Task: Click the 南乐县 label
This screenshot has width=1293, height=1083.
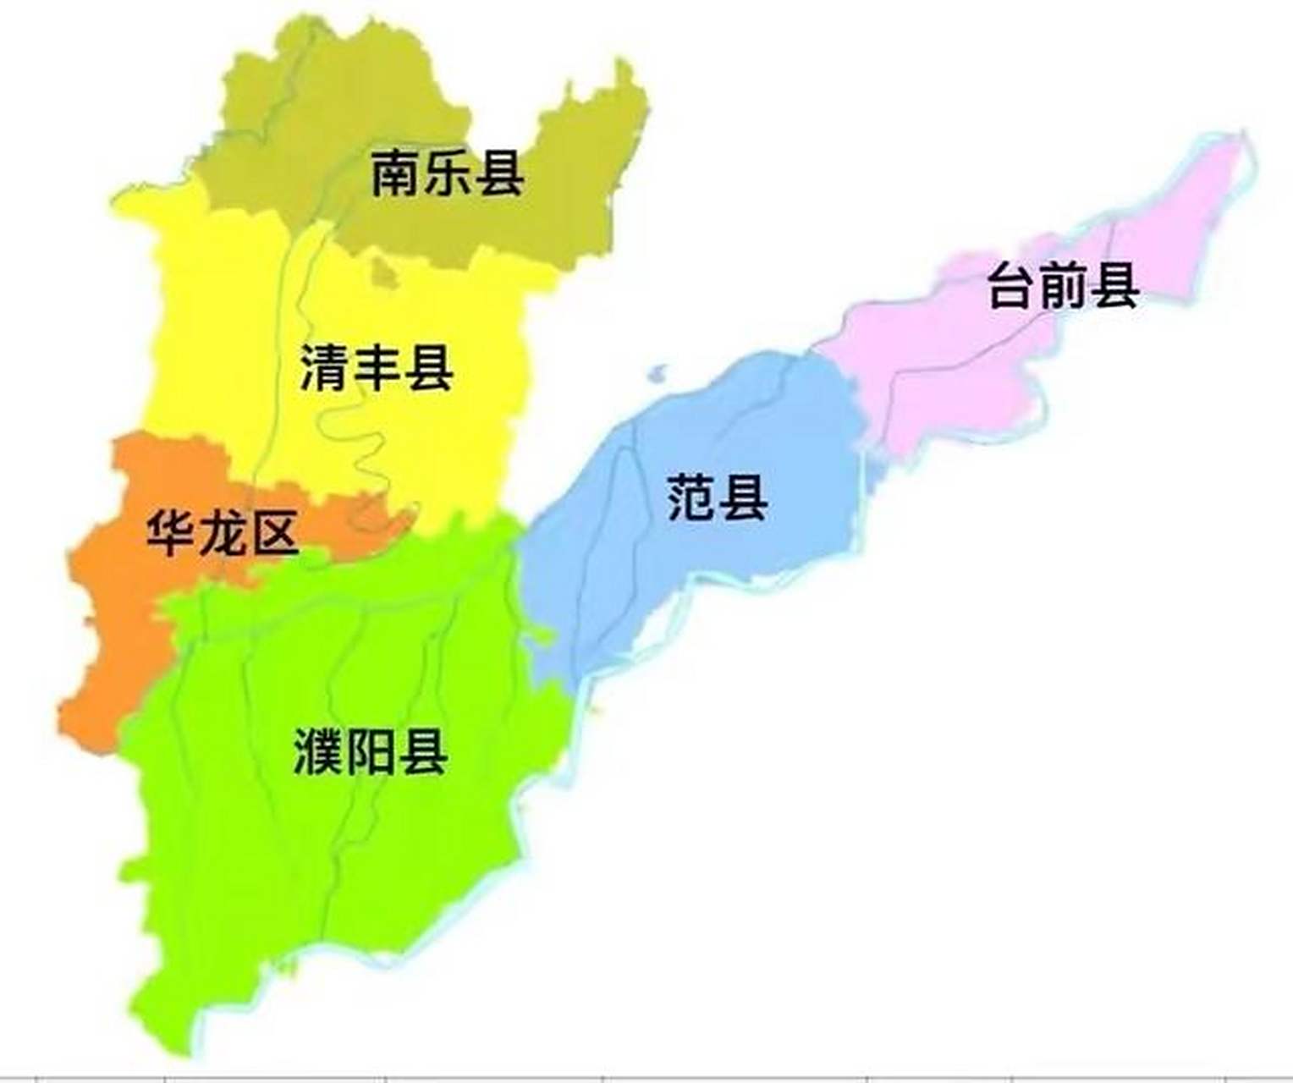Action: pos(448,173)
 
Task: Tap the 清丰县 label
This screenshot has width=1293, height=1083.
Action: pos(377,368)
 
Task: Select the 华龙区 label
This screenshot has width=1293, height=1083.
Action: pos(223,532)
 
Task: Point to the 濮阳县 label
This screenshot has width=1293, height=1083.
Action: pos(371,751)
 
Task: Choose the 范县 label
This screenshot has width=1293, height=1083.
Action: pos(718,498)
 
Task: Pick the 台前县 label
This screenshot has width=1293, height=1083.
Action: pos(1063,285)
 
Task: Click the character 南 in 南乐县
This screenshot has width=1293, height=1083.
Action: pos(396,173)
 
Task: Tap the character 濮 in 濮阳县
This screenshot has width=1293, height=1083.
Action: pos(319,751)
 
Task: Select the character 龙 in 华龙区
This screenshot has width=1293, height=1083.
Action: pos(223,532)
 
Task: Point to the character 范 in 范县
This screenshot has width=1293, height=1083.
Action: pos(692,498)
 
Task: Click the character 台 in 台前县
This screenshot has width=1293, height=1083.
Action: pos(1012,285)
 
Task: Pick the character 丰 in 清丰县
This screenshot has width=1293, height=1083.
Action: pos(377,368)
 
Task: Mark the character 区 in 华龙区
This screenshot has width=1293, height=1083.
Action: pos(274,532)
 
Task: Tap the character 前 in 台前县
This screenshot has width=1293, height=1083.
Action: pos(1063,285)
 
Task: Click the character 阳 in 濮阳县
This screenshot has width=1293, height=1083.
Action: pos(371,751)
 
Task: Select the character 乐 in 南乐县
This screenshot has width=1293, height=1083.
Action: pos(448,173)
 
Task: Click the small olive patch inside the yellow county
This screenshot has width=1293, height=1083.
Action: pos(384,272)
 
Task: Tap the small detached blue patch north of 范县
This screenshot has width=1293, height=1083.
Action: pos(658,373)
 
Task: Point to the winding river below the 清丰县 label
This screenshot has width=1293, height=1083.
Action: pos(360,440)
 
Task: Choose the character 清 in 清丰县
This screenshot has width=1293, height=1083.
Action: pos(325,368)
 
